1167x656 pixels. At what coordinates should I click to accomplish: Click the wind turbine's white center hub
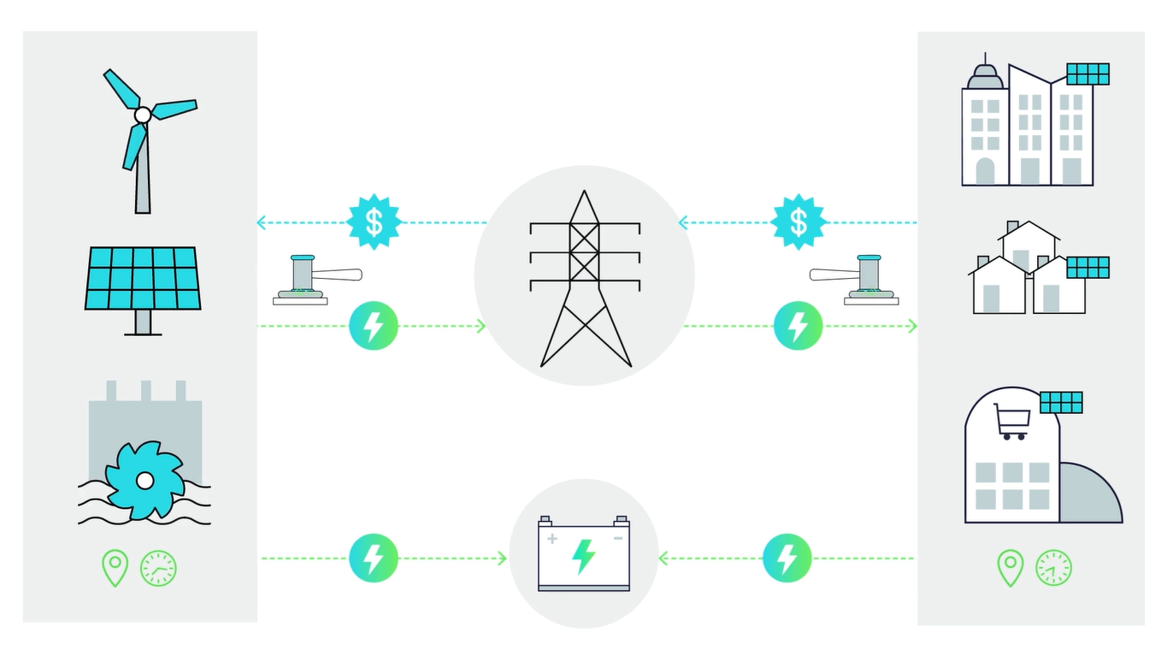point(143,115)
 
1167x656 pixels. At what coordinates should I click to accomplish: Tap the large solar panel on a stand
point(143,278)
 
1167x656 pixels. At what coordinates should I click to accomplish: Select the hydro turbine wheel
point(144,481)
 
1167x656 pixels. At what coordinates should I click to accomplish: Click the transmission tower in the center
point(585,278)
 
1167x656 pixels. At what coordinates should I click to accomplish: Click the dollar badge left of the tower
point(374,222)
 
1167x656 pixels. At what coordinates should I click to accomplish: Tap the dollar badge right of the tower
point(798,222)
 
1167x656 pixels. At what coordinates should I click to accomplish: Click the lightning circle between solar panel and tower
point(374,326)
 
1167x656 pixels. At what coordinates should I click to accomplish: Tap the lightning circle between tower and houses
point(798,326)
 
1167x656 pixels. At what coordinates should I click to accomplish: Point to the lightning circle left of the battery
point(374,558)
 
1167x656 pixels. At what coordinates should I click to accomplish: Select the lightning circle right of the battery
point(787,558)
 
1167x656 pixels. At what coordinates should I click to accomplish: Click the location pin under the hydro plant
point(115,567)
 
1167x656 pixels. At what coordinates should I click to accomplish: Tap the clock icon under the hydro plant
point(158,568)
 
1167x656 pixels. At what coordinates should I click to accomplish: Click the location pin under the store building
point(1010,567)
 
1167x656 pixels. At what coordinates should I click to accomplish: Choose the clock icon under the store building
point(1053,568)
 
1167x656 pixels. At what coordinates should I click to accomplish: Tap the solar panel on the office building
point(1087,74)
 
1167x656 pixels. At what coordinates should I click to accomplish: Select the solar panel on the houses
point(1087,267)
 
